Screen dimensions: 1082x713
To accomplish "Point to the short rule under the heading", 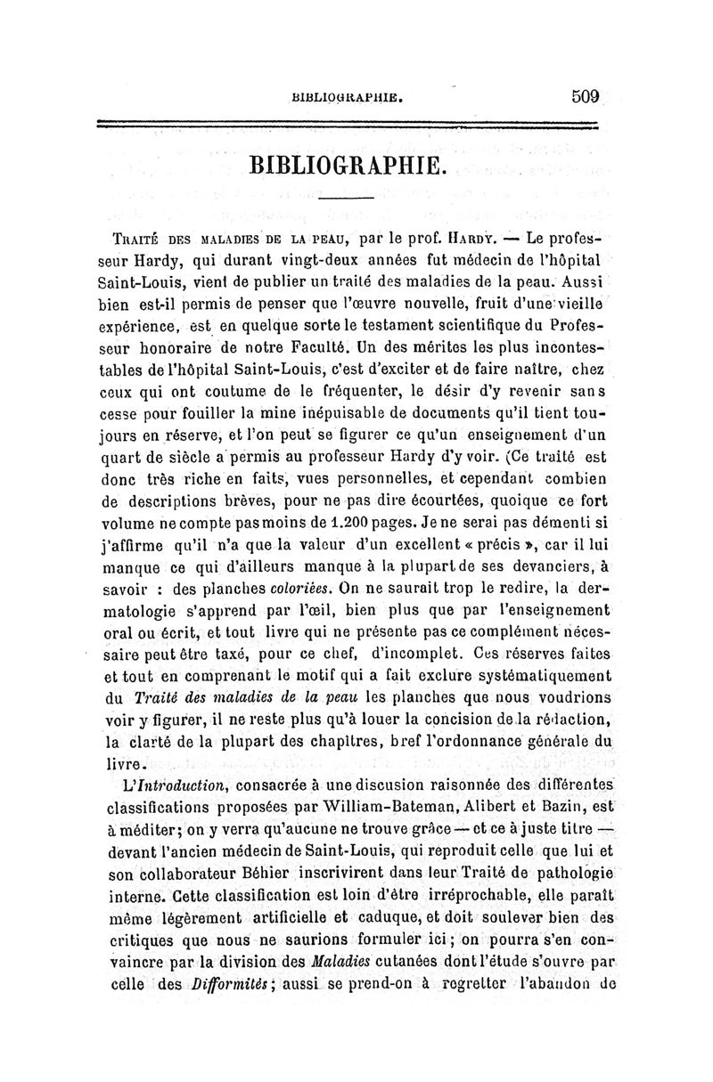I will coord(345,197).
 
